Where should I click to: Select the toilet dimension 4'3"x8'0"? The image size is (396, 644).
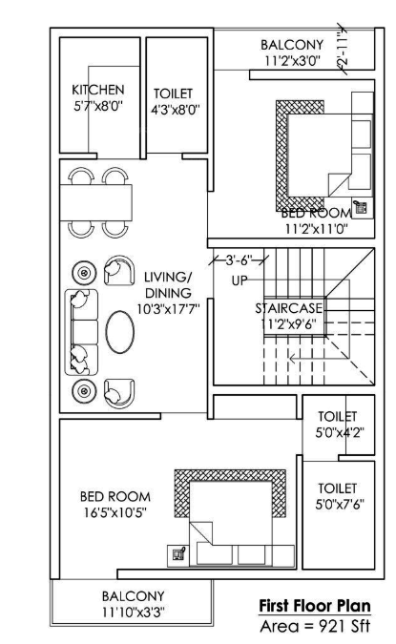[x=174, y=110]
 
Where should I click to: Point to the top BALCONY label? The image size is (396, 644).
[x=292, y=45]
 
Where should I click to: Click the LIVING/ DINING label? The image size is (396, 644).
[x=167, y=284]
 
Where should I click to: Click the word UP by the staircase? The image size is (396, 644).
[x=240, y=280]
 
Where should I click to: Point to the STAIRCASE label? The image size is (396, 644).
[x=288, y=308]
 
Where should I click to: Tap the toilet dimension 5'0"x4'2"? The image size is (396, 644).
[x=337, y=432]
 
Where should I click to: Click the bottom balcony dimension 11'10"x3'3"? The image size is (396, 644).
[x=134, y=612]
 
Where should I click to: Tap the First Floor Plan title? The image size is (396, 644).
[x=314, y=606]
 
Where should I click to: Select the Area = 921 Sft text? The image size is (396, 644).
[x=314, y=625]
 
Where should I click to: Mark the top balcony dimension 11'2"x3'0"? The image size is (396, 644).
[x=292, y=61]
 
